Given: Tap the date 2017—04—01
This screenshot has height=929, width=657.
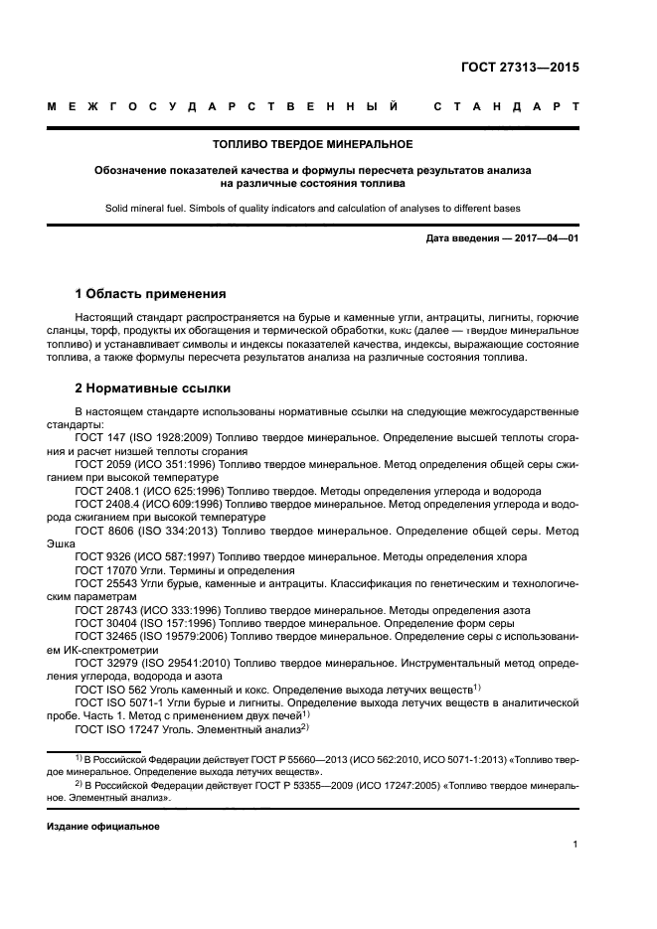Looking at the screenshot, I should tap(545, 241).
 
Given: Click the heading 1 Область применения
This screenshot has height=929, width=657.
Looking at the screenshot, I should tap(151, 294).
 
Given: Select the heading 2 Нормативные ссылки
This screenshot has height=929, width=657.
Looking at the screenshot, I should tap(153, 388).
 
